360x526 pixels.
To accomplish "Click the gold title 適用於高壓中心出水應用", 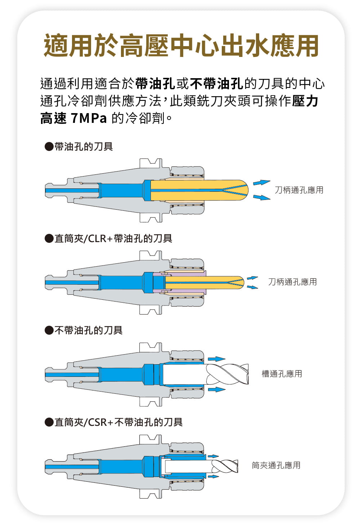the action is click(x=181, y=45).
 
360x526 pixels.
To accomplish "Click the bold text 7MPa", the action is click(x=89, y=118).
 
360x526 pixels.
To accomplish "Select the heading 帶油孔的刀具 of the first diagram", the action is click(x=84, y=147).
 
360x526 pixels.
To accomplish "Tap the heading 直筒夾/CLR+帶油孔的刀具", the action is click(x=113, y=239).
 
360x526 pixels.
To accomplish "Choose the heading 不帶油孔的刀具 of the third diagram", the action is click(x=89, y=330).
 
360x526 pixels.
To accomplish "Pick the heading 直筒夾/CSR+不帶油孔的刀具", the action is click(x=118, y=422).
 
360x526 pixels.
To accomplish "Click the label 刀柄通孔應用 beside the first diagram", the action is click(x=299, y=190).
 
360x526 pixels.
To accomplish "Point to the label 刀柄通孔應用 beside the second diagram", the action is click(x=292, y=282).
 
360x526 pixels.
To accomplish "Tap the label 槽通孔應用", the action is click(x=282, y=374).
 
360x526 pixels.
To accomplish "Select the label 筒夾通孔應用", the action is click(x=276, y=465).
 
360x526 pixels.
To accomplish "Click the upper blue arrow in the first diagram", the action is click(x=262, y=182).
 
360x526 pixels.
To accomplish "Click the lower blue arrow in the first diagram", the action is click(x=262, y=197).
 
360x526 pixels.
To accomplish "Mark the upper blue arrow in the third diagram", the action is click(x=217, y=359).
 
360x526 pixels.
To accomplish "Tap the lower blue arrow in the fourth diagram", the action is click(x=213, y=476).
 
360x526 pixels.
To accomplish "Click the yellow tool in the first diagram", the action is click(x=199, y=190).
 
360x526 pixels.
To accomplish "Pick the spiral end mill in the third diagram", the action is click(x=227, y=374).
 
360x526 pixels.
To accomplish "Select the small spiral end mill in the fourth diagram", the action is click(x=225, y=466).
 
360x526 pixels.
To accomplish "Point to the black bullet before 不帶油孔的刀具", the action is click(x=49, y=330).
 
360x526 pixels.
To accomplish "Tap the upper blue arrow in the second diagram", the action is click(x=252, y=278).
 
